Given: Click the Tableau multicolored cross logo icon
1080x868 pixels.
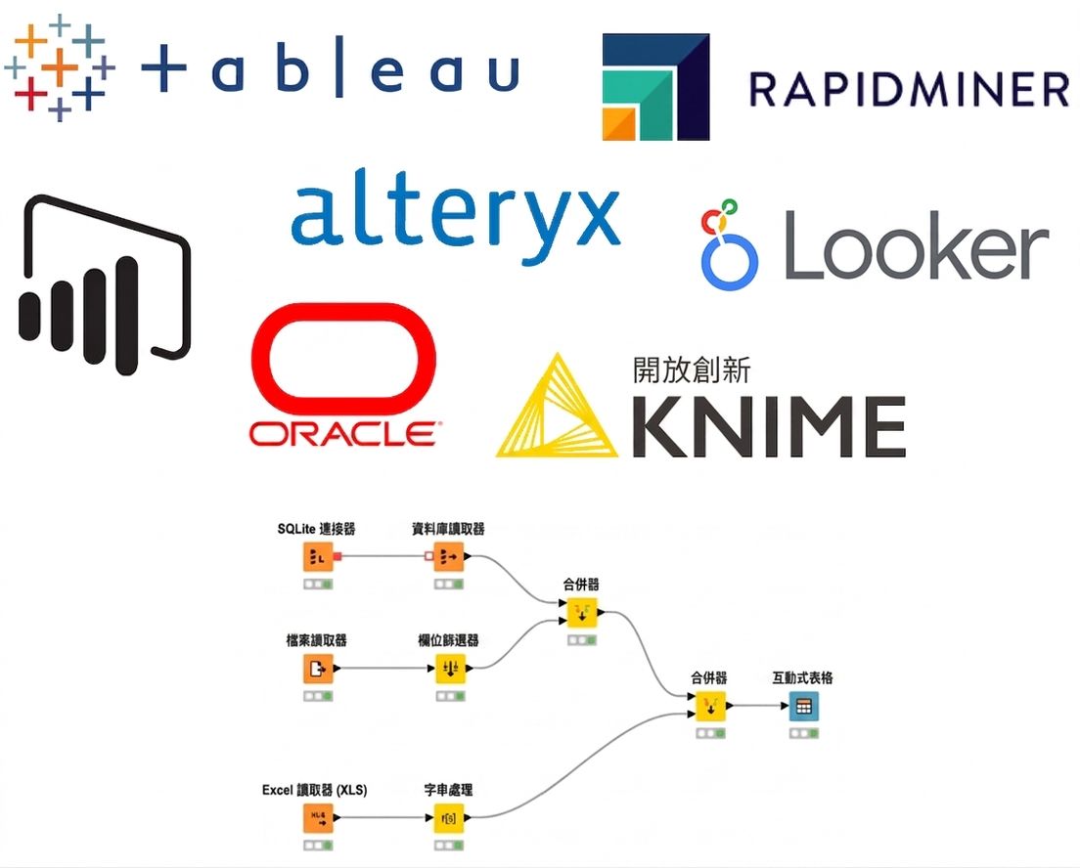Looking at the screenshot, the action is point(60,67).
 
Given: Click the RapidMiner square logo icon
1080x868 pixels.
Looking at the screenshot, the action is point(655,87).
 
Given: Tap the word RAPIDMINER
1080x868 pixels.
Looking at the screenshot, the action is point(909,90).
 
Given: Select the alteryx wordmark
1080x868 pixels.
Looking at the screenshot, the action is point(455,215).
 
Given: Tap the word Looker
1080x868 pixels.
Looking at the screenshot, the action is point(916,245).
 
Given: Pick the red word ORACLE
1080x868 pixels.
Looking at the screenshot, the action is point(343,434).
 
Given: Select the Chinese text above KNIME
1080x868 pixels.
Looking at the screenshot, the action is point(692,370).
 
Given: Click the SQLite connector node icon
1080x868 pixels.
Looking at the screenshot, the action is point(318,557).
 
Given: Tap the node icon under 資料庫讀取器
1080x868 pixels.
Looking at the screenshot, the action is point(448,557).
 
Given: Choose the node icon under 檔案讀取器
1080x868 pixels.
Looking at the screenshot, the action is point(318,669).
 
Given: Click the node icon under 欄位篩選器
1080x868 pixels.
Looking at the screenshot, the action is point(450,669).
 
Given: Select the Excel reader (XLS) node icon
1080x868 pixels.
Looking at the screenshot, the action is point(318,818).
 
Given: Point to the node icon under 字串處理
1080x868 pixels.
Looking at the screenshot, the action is point(448,818).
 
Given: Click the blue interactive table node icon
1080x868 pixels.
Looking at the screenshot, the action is point(804,707).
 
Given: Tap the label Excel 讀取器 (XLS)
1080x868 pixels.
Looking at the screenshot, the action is point(315,790).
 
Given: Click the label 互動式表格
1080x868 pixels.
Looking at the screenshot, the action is point(802,678).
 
